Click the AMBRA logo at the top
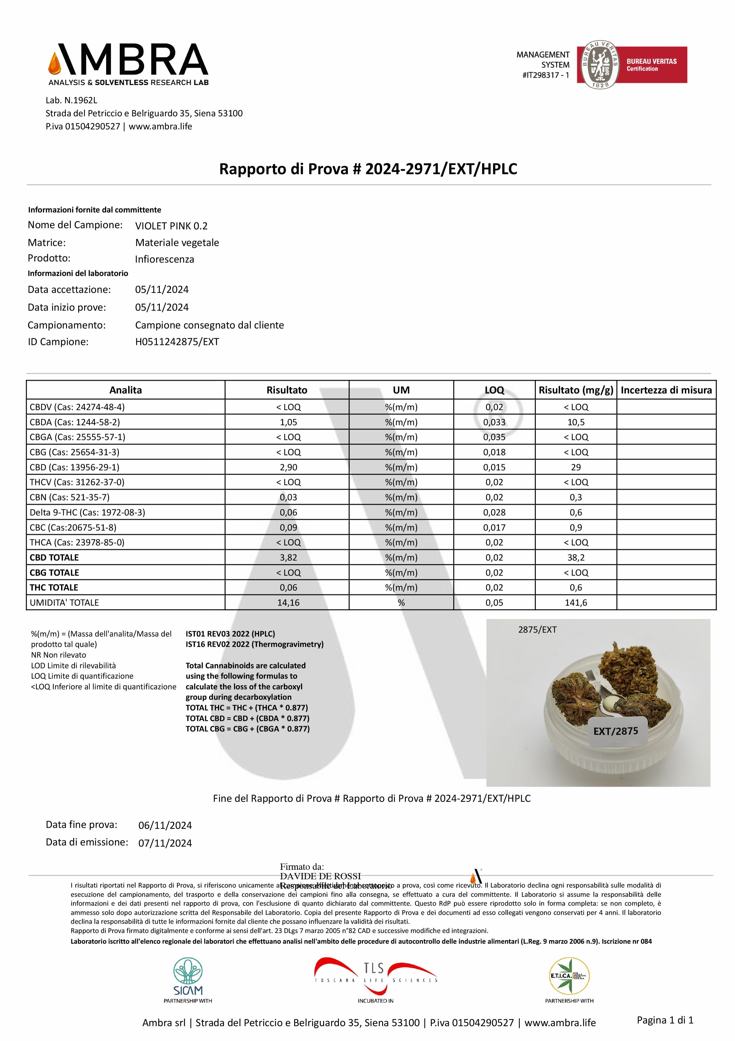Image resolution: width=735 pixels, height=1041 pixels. (x=128, y=64)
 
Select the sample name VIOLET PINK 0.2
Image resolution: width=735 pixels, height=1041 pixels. (x=171, y=226)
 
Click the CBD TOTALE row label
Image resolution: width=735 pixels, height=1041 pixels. (x=54, y=557)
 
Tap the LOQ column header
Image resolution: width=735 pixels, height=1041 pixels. (x=494, y=390)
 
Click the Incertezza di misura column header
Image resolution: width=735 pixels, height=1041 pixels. (x=666, y=390)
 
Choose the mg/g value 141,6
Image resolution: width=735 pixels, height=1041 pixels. (x=576, y=603)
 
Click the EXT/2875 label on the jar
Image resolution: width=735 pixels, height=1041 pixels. (x=616, y=731)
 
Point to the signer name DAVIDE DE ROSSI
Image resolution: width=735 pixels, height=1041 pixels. (x=321, y=876)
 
